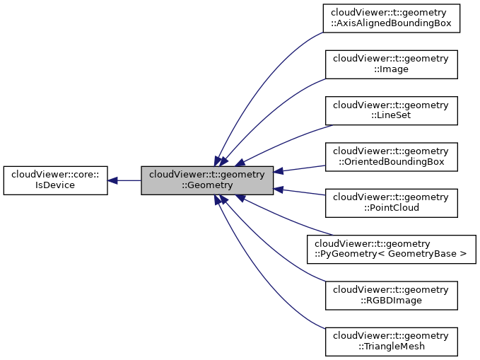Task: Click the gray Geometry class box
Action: (x=207, y=180)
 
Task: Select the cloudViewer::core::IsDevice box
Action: (x=56, y=180)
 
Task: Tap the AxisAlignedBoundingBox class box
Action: (x=391, y=18)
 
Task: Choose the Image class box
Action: (x=391, y=64)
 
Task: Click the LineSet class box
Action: (x=391, y=110)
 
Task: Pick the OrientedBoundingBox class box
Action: (x=391, y=156)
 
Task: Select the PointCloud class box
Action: (x=391, y=203)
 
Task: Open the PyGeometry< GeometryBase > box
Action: (x=391, y=249)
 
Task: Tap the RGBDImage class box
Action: (x=391, y=296)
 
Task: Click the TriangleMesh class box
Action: (x=391, y=342)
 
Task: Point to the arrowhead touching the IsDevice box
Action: (x=112, y=180)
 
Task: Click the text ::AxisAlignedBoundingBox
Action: (x=391, y=23)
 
